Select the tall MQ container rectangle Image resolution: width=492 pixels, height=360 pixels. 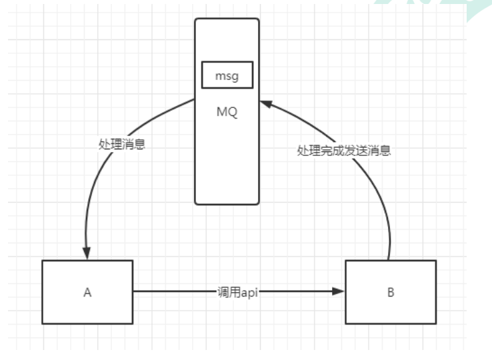(x=227, y=160)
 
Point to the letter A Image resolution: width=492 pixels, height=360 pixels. (x=87, y=292)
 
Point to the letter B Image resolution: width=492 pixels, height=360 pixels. (x=390, y=292)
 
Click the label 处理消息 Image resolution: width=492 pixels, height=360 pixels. (x=122, y=143)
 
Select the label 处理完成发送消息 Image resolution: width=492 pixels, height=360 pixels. (x=343, y=151)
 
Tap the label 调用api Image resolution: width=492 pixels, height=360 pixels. (x=238, y=292)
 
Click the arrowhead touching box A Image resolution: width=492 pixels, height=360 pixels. (x=87, y=254)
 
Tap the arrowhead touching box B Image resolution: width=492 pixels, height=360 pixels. (x=339, y=292)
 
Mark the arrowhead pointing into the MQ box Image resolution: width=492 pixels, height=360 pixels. (x=266, y=103)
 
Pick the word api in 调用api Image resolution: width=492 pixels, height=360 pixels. (x=249, y=292)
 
